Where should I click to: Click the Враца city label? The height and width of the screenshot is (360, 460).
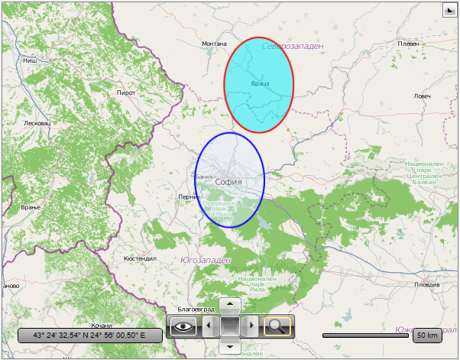(x=259, y=83)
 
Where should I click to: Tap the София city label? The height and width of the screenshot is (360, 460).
(x=228, y=182)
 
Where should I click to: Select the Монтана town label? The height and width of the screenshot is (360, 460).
(x=214, y=44)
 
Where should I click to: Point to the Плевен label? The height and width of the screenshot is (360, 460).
(x=409, y=44)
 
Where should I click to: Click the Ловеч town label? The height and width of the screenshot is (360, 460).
(x=422, y=96)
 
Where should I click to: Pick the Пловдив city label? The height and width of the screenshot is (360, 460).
(x=426, y=284)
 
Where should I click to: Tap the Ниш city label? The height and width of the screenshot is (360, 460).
(x=30, y=60)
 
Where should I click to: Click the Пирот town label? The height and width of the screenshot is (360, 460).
(x=125, y=92)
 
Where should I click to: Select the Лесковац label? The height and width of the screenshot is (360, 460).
(x=37, y=123)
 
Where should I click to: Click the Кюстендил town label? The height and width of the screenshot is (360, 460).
(x=140, y=258)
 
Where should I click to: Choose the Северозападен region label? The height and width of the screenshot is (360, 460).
(x=292, y=47)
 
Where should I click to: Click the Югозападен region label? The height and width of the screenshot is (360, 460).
(x=206, y=260)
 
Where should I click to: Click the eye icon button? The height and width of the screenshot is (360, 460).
(x=183, y=326)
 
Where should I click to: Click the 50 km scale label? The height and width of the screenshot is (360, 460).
(x=427, y=336)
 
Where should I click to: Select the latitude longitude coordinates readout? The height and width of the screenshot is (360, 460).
(x=89, y=336)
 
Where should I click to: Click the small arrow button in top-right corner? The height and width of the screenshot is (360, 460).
(x=449, y=10)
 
